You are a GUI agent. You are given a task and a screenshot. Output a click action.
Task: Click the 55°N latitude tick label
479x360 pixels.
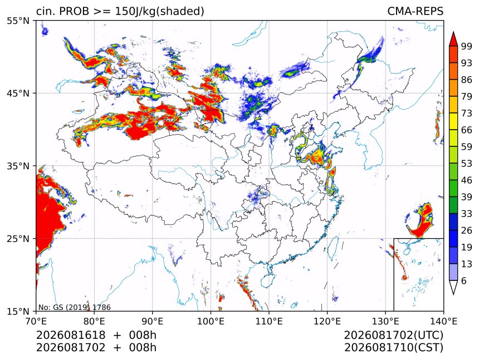[18, 21]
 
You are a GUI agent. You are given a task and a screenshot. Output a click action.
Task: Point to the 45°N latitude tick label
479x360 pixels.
[18, 93]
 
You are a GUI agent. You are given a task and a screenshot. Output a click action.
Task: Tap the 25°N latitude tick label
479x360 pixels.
[18, 239]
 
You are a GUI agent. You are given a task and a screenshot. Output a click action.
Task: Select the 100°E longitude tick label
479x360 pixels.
[211, 321]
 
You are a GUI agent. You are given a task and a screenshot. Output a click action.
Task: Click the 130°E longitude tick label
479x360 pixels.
[385, 321]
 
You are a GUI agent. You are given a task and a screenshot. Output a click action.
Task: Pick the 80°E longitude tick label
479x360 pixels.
[94, 321]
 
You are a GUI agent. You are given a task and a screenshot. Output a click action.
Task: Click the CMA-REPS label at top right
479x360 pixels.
[415, 11]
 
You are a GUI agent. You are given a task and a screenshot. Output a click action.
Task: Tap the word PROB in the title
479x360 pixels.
[74, 11]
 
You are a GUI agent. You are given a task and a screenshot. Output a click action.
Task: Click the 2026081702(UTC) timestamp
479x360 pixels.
[393, 336]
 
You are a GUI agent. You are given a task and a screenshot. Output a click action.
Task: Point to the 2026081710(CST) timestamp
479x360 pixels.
[393, 348]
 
